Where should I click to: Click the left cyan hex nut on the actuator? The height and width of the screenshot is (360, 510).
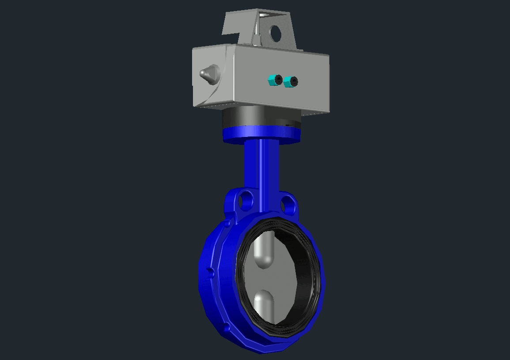point(275,80)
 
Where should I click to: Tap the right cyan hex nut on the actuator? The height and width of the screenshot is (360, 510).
point(290,81)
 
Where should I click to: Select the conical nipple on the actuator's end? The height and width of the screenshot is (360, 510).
point(208,73)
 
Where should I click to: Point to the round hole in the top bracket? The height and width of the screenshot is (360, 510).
point(276,33)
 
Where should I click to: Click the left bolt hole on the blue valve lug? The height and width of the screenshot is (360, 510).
point(246,201)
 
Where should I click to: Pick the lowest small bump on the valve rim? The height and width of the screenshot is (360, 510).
point(227,327)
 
